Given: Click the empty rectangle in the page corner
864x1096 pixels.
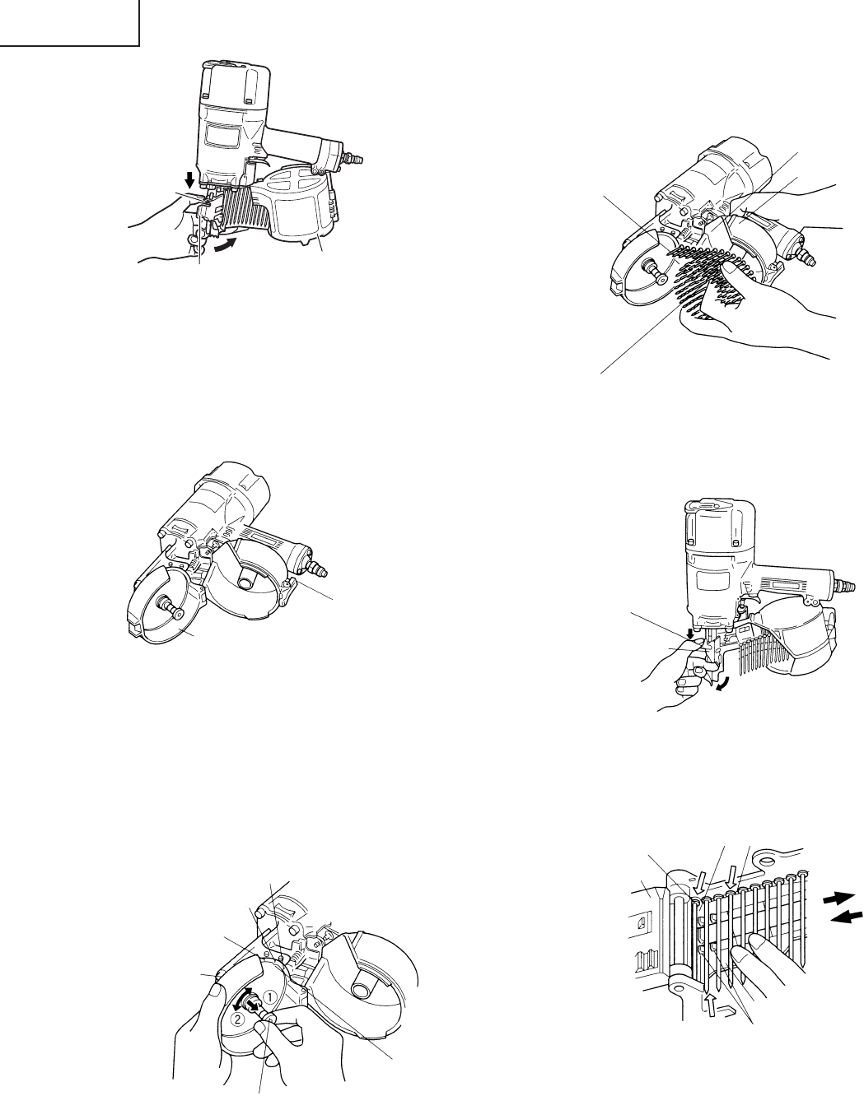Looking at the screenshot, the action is pos(69,23).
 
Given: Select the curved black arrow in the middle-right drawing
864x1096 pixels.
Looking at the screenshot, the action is pos(724,686).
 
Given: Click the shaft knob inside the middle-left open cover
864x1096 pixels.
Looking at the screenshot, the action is pos(171,611).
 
